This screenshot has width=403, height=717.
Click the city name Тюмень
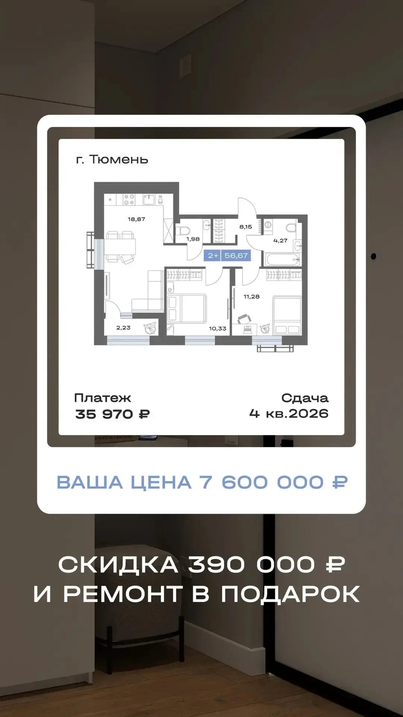[119, 159]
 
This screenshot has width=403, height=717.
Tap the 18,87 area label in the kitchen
[136, 219]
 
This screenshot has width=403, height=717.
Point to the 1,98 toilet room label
[193, 239]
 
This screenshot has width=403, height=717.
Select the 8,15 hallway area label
[246, 227]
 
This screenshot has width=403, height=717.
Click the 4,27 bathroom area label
[280, 240]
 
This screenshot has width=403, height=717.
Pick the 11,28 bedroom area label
[252, 297]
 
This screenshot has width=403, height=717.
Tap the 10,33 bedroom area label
[218, 329]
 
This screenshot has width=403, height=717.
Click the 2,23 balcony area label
[123, 328]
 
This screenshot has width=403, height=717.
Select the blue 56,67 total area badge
[236, 255]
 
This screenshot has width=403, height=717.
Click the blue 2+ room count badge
[213, 255]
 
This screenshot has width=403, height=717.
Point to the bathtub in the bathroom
[282, 259]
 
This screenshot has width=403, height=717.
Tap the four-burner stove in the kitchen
[129, 199]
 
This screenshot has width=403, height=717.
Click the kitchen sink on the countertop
[149, 199]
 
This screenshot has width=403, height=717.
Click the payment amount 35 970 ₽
[112, 414]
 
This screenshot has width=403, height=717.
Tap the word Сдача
[305, 398]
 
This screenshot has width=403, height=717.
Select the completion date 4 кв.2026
[289, 414]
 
